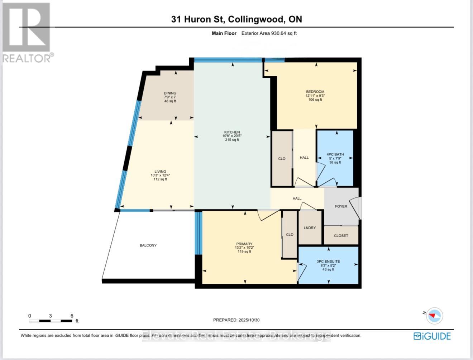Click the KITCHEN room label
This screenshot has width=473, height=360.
point(232,132)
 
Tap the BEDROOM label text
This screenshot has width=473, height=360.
point(315,92)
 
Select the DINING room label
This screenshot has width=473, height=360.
point(170,93)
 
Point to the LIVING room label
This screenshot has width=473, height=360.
point(160,172)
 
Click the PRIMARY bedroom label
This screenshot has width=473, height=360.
point(244,244)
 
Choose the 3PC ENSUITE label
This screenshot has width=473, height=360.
point(328,261)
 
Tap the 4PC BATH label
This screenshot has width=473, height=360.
point(335,154)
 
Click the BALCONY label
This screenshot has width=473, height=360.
point(148,245)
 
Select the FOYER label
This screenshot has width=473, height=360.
point(341,206)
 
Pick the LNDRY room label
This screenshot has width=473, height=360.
point(310,228)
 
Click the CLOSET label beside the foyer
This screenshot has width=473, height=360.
point(341,236)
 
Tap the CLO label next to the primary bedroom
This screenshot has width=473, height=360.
point(290,235)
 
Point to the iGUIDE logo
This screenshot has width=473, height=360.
point(432,336)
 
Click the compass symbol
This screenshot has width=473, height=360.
point(435,316)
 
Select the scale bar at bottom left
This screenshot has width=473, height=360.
point(51,321)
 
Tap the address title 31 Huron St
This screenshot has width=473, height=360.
point(236,19)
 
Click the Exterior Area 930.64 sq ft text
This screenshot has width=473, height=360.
point(269,33)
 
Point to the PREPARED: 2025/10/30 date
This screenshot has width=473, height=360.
point(236,320)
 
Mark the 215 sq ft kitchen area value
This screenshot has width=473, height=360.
point(232,140)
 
